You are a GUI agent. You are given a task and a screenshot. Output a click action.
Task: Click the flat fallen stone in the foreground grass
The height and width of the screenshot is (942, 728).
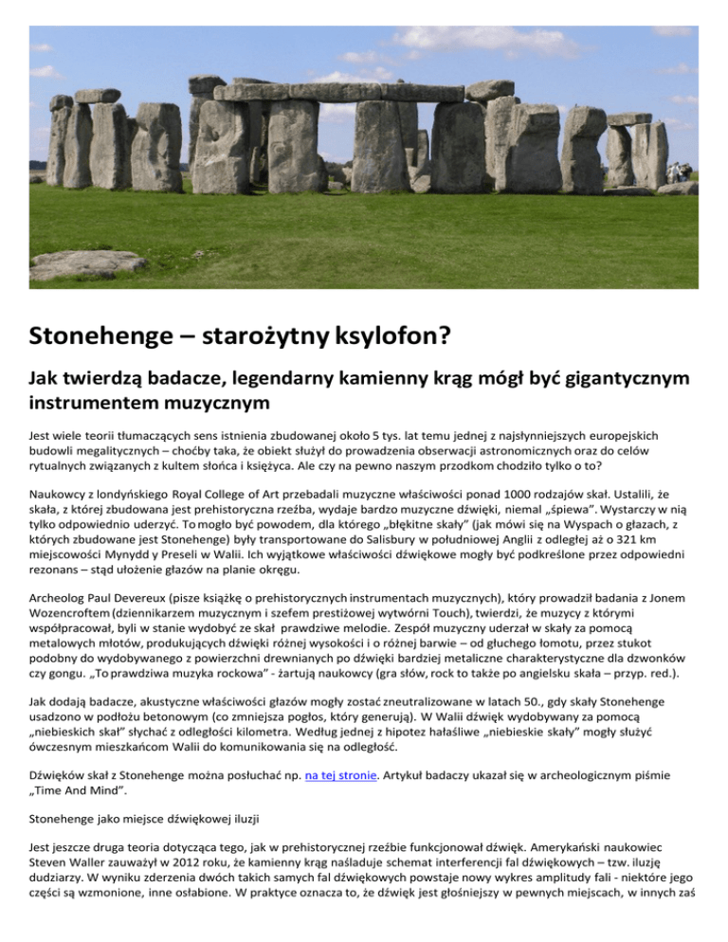(87, 264)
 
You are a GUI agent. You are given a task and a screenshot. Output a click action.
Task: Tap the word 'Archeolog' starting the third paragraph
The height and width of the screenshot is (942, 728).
(63, 597)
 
